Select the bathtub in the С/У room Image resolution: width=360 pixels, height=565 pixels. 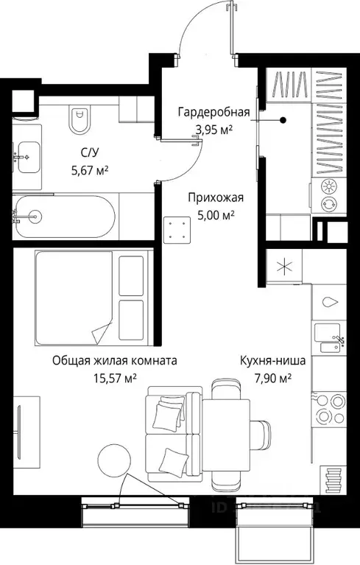[x=64, y=216]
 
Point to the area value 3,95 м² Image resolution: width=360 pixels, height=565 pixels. [x=213, y=130]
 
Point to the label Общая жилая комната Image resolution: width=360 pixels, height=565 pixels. [x=115, y=362]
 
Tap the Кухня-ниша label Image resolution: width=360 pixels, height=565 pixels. [x=272, y=362]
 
